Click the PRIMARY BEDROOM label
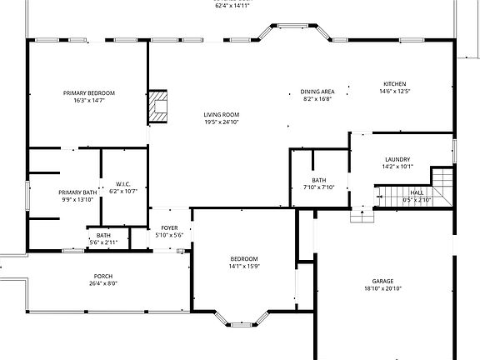click(88, 92)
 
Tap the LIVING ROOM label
click(222, 115)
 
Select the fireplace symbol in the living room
click(158, 106)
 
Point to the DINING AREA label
click(317, 92)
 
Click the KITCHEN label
click(395, 84)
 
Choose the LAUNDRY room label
click(397, 159)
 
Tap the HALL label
click(417, 192)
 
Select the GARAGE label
click(383, 282)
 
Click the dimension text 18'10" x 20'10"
click(383, 289)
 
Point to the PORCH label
click(103, 276)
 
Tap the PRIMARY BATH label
click(76, 192)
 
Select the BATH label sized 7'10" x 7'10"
click(319, 180)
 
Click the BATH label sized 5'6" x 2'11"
click(103, 235)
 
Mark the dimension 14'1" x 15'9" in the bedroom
click(244, 266)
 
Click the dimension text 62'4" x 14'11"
click(232, 5)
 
